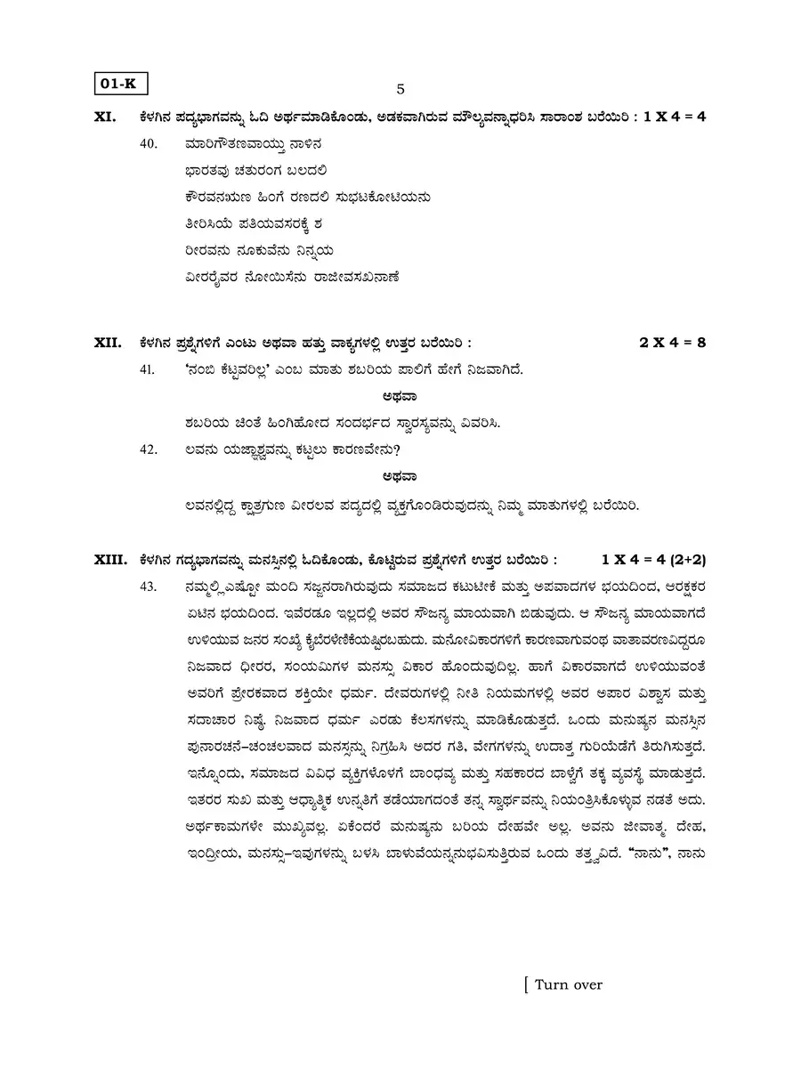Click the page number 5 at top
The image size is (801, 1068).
(x=400, y=89)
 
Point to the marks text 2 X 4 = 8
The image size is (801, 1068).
(x=673, y=342)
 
